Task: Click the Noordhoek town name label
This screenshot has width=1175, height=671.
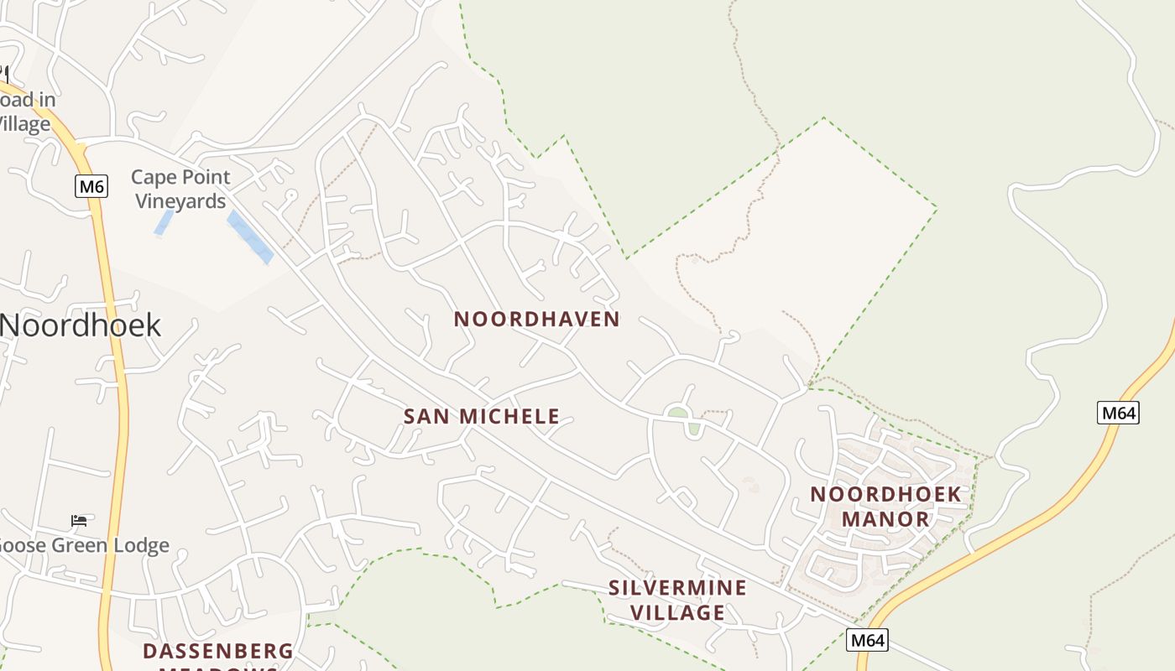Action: (x=81, y=325)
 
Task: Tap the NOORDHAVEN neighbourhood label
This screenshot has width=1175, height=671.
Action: (x=536, y=320)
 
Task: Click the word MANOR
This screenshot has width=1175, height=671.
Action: (x=885, y=519)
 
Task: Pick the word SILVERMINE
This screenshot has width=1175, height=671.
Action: (x=677, y=588)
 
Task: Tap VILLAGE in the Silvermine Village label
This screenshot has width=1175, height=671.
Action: (x=677, y=613)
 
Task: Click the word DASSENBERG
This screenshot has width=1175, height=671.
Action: (x=218, y=652)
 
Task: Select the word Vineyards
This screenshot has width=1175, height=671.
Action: (x=180, y=201)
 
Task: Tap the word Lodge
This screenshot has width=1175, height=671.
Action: (x=140, y=546)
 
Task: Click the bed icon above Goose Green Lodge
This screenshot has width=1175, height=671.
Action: (x=79, y=521)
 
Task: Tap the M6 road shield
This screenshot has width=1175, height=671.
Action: (x=91, y=186)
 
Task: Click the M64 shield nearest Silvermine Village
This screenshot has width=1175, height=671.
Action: (x=866, y=641)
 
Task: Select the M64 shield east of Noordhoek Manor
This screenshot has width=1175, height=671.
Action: (x=1118, y=413)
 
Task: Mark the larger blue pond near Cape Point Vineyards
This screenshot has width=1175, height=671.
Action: (x=250, y=238)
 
